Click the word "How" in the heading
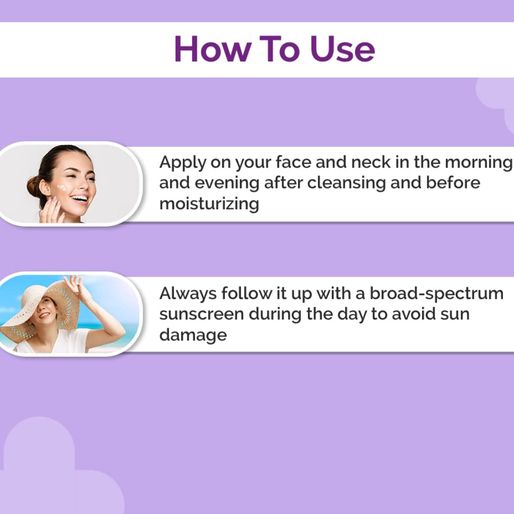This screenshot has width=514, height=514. click(213, 49)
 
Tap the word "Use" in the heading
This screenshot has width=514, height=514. click(343, 49)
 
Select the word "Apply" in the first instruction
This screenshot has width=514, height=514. click(183, 163)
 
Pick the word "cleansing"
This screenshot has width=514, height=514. click(346, 184)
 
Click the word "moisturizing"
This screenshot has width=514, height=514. click(209, 204)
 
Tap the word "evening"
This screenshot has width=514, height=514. click(227, 184)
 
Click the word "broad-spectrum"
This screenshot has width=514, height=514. click(436, 294)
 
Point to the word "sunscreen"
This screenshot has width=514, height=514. click(202, 315)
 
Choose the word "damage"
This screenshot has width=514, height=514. click(193, 336)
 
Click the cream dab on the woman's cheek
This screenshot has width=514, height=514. click(61, 188)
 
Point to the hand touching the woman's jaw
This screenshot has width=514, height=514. click(51, 211)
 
